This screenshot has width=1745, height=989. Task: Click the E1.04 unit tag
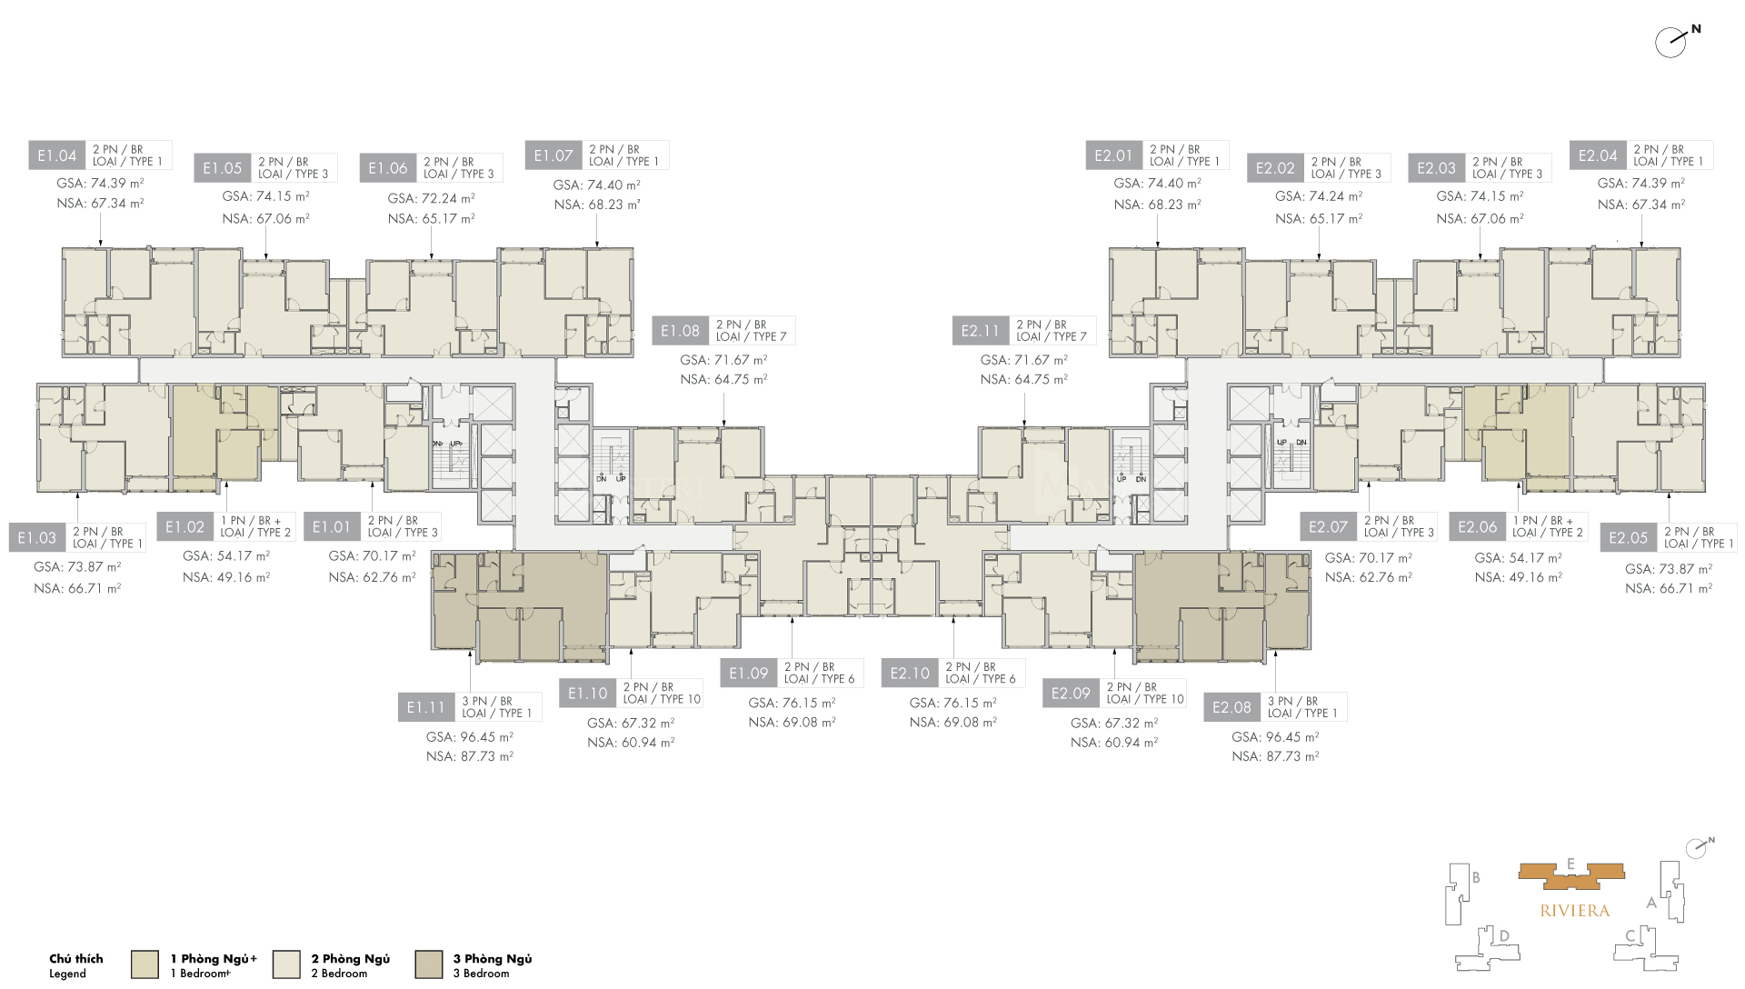pos(56,155)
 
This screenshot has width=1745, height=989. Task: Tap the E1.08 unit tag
pos(680,331)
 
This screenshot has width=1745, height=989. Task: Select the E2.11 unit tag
pos(980,331)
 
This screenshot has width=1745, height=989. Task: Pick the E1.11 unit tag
pos(425,707)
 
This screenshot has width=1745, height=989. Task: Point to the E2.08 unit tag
pos(1231,707)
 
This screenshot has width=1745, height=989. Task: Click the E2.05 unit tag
pos(1628,537)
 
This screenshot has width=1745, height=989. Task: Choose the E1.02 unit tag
pos(184,527)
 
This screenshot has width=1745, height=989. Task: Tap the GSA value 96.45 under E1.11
pos(469,737)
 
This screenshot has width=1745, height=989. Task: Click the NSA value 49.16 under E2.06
pos(1518,577)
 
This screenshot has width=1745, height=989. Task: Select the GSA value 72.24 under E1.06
pos(431,198)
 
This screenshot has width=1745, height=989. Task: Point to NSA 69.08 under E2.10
pos(952,723)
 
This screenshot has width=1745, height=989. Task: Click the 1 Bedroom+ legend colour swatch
pos(145,964)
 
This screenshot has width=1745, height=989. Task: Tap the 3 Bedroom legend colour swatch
pos(428,964)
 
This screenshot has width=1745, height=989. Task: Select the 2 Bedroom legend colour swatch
pos(286,964)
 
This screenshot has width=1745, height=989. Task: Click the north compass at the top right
pos(1672,42)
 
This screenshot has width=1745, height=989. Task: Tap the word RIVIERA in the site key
pos(1574,911)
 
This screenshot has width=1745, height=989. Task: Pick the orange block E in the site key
pos(1570,873)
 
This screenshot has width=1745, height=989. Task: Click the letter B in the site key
pos(1476,878)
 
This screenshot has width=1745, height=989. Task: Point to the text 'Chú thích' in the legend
pos(76,959)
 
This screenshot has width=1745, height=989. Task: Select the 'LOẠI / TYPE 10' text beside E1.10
pos(662,699)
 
